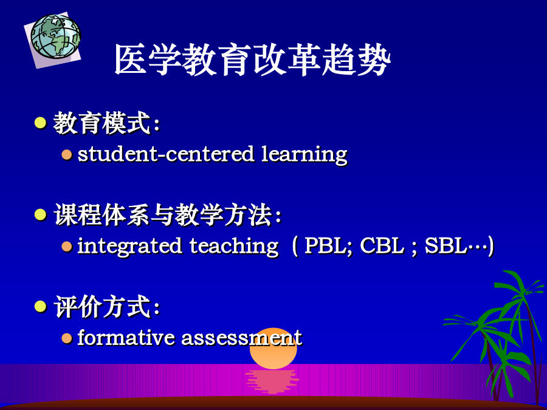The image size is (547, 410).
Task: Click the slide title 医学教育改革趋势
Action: [x=253, y=60]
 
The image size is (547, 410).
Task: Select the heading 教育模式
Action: [x=102, y=123]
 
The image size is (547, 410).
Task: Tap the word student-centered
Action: [x=166, y=154]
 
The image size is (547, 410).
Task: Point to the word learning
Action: [x=304, y=154]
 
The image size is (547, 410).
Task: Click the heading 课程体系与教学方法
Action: [x=163, y=215]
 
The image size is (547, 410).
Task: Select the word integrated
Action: [x=129, y=246]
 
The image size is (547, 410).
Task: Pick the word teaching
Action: [x=235, y=246]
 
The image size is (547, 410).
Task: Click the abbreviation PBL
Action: [x=328, y=245]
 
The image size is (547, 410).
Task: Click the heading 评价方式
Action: [x=102, y=307]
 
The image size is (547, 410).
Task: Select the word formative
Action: [x=126, y=337]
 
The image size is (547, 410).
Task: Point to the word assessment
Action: [x=241, y=338]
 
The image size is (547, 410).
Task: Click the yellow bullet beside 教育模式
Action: [x=41, y=123]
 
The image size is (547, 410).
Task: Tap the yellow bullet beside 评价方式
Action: [x=41, y=307]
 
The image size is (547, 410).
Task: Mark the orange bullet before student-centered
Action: [x=67, y=154]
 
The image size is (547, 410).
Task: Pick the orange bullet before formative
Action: [x=67, y=338]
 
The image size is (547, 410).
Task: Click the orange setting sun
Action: [x=273, y=349]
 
